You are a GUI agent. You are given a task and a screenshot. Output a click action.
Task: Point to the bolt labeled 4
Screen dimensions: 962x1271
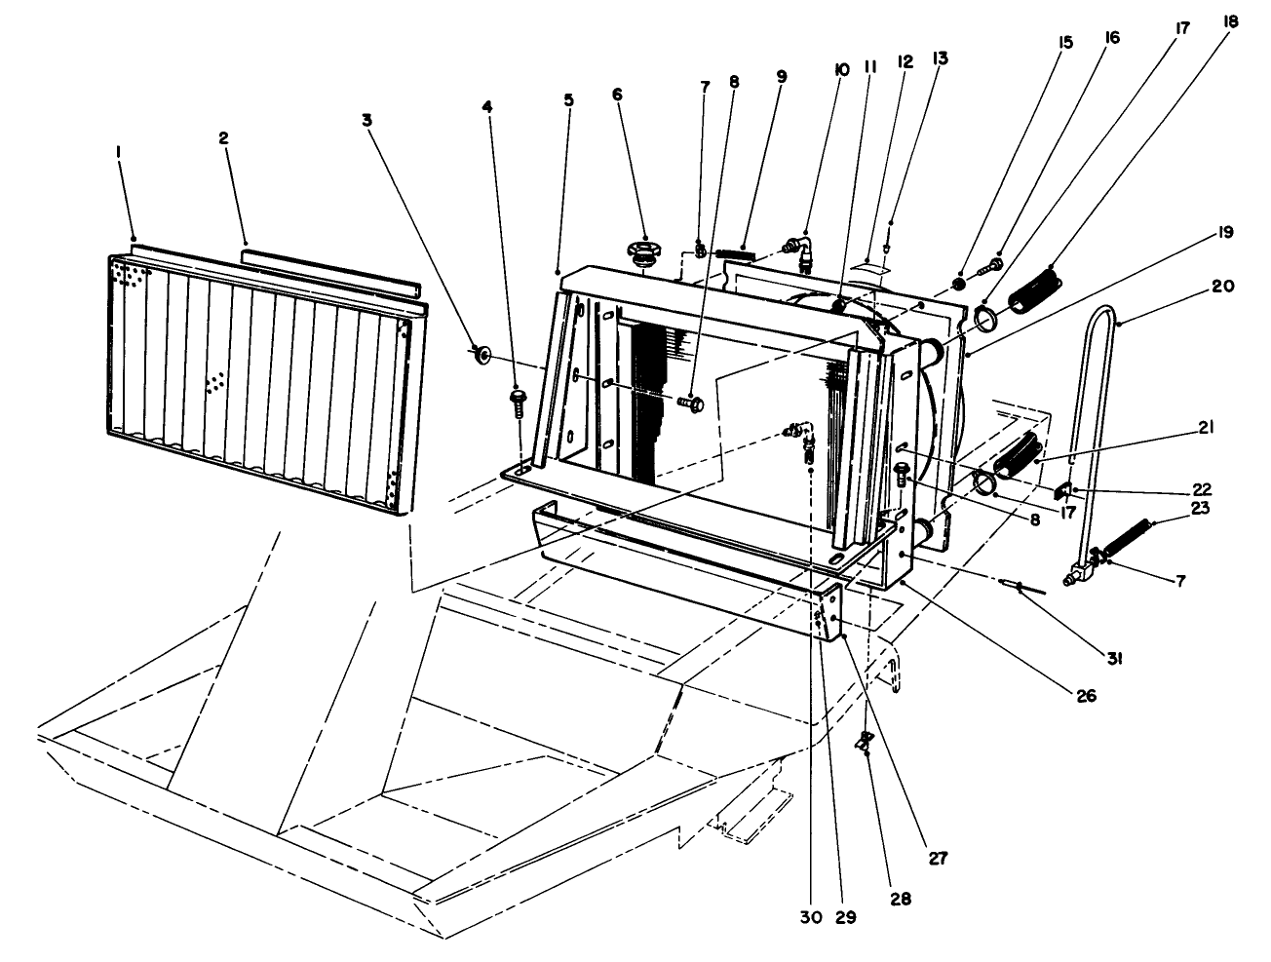pos(517,400)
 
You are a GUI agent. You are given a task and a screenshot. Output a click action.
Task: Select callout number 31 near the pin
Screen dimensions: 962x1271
pos(1114,659)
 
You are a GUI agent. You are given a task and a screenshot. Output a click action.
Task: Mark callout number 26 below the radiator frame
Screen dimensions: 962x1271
pos(1086,696)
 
